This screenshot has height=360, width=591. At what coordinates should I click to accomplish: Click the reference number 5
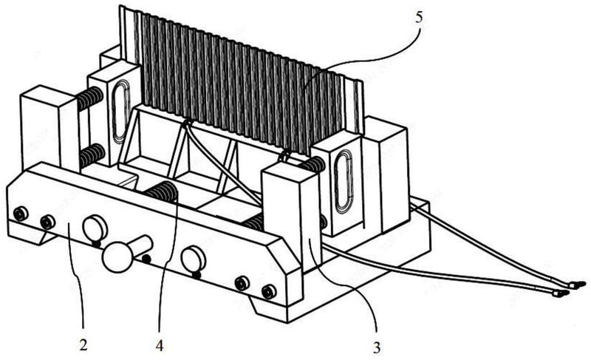click(419, 17)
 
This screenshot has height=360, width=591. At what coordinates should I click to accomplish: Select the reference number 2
click(83, 344)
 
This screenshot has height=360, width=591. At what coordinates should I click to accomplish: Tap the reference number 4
click(160, 345)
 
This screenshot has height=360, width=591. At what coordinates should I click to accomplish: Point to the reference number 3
click(377, 347)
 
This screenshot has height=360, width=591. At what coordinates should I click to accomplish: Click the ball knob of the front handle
click(117, 257)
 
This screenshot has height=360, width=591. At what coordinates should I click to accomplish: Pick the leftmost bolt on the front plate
click(21, 214)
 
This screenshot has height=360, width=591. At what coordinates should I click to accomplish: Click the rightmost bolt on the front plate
click(269, 291)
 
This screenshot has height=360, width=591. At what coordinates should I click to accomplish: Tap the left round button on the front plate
click(95, 228)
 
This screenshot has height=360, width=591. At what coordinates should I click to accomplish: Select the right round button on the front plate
click(193, 259)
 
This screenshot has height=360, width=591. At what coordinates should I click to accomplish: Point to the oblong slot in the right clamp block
click(344, 180)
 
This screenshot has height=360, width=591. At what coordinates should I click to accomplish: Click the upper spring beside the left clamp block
click(89, 98)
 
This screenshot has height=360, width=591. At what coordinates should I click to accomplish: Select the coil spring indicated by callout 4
click(163, 191)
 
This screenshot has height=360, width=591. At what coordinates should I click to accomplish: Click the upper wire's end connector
click(578, 285)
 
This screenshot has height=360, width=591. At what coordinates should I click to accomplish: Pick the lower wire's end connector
click(561, 293)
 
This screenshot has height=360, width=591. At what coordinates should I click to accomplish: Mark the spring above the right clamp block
click(312, 164)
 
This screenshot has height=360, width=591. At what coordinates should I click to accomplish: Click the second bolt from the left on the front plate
click(47, 223)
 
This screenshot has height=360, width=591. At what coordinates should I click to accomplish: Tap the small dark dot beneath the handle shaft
click(146, 259)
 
